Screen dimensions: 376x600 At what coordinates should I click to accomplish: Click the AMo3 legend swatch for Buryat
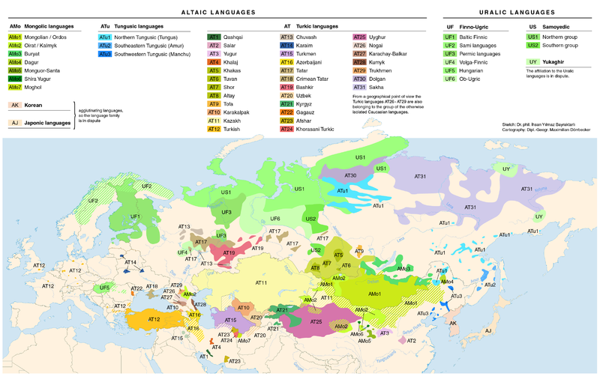15,53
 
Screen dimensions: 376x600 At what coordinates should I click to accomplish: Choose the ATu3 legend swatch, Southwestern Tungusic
105,54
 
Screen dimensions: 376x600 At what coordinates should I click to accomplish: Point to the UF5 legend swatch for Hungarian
450,70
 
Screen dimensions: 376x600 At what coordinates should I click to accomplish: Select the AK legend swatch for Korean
15,106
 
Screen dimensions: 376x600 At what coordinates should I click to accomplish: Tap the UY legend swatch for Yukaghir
533,61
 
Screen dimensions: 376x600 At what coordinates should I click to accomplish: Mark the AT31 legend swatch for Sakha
359,87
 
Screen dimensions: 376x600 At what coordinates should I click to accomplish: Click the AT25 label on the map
315,321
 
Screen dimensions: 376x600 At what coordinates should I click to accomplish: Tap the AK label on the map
452,323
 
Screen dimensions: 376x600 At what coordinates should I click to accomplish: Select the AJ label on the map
488,330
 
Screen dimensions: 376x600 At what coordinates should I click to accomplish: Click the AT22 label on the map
136,288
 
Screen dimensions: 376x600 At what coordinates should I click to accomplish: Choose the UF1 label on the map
136,216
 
